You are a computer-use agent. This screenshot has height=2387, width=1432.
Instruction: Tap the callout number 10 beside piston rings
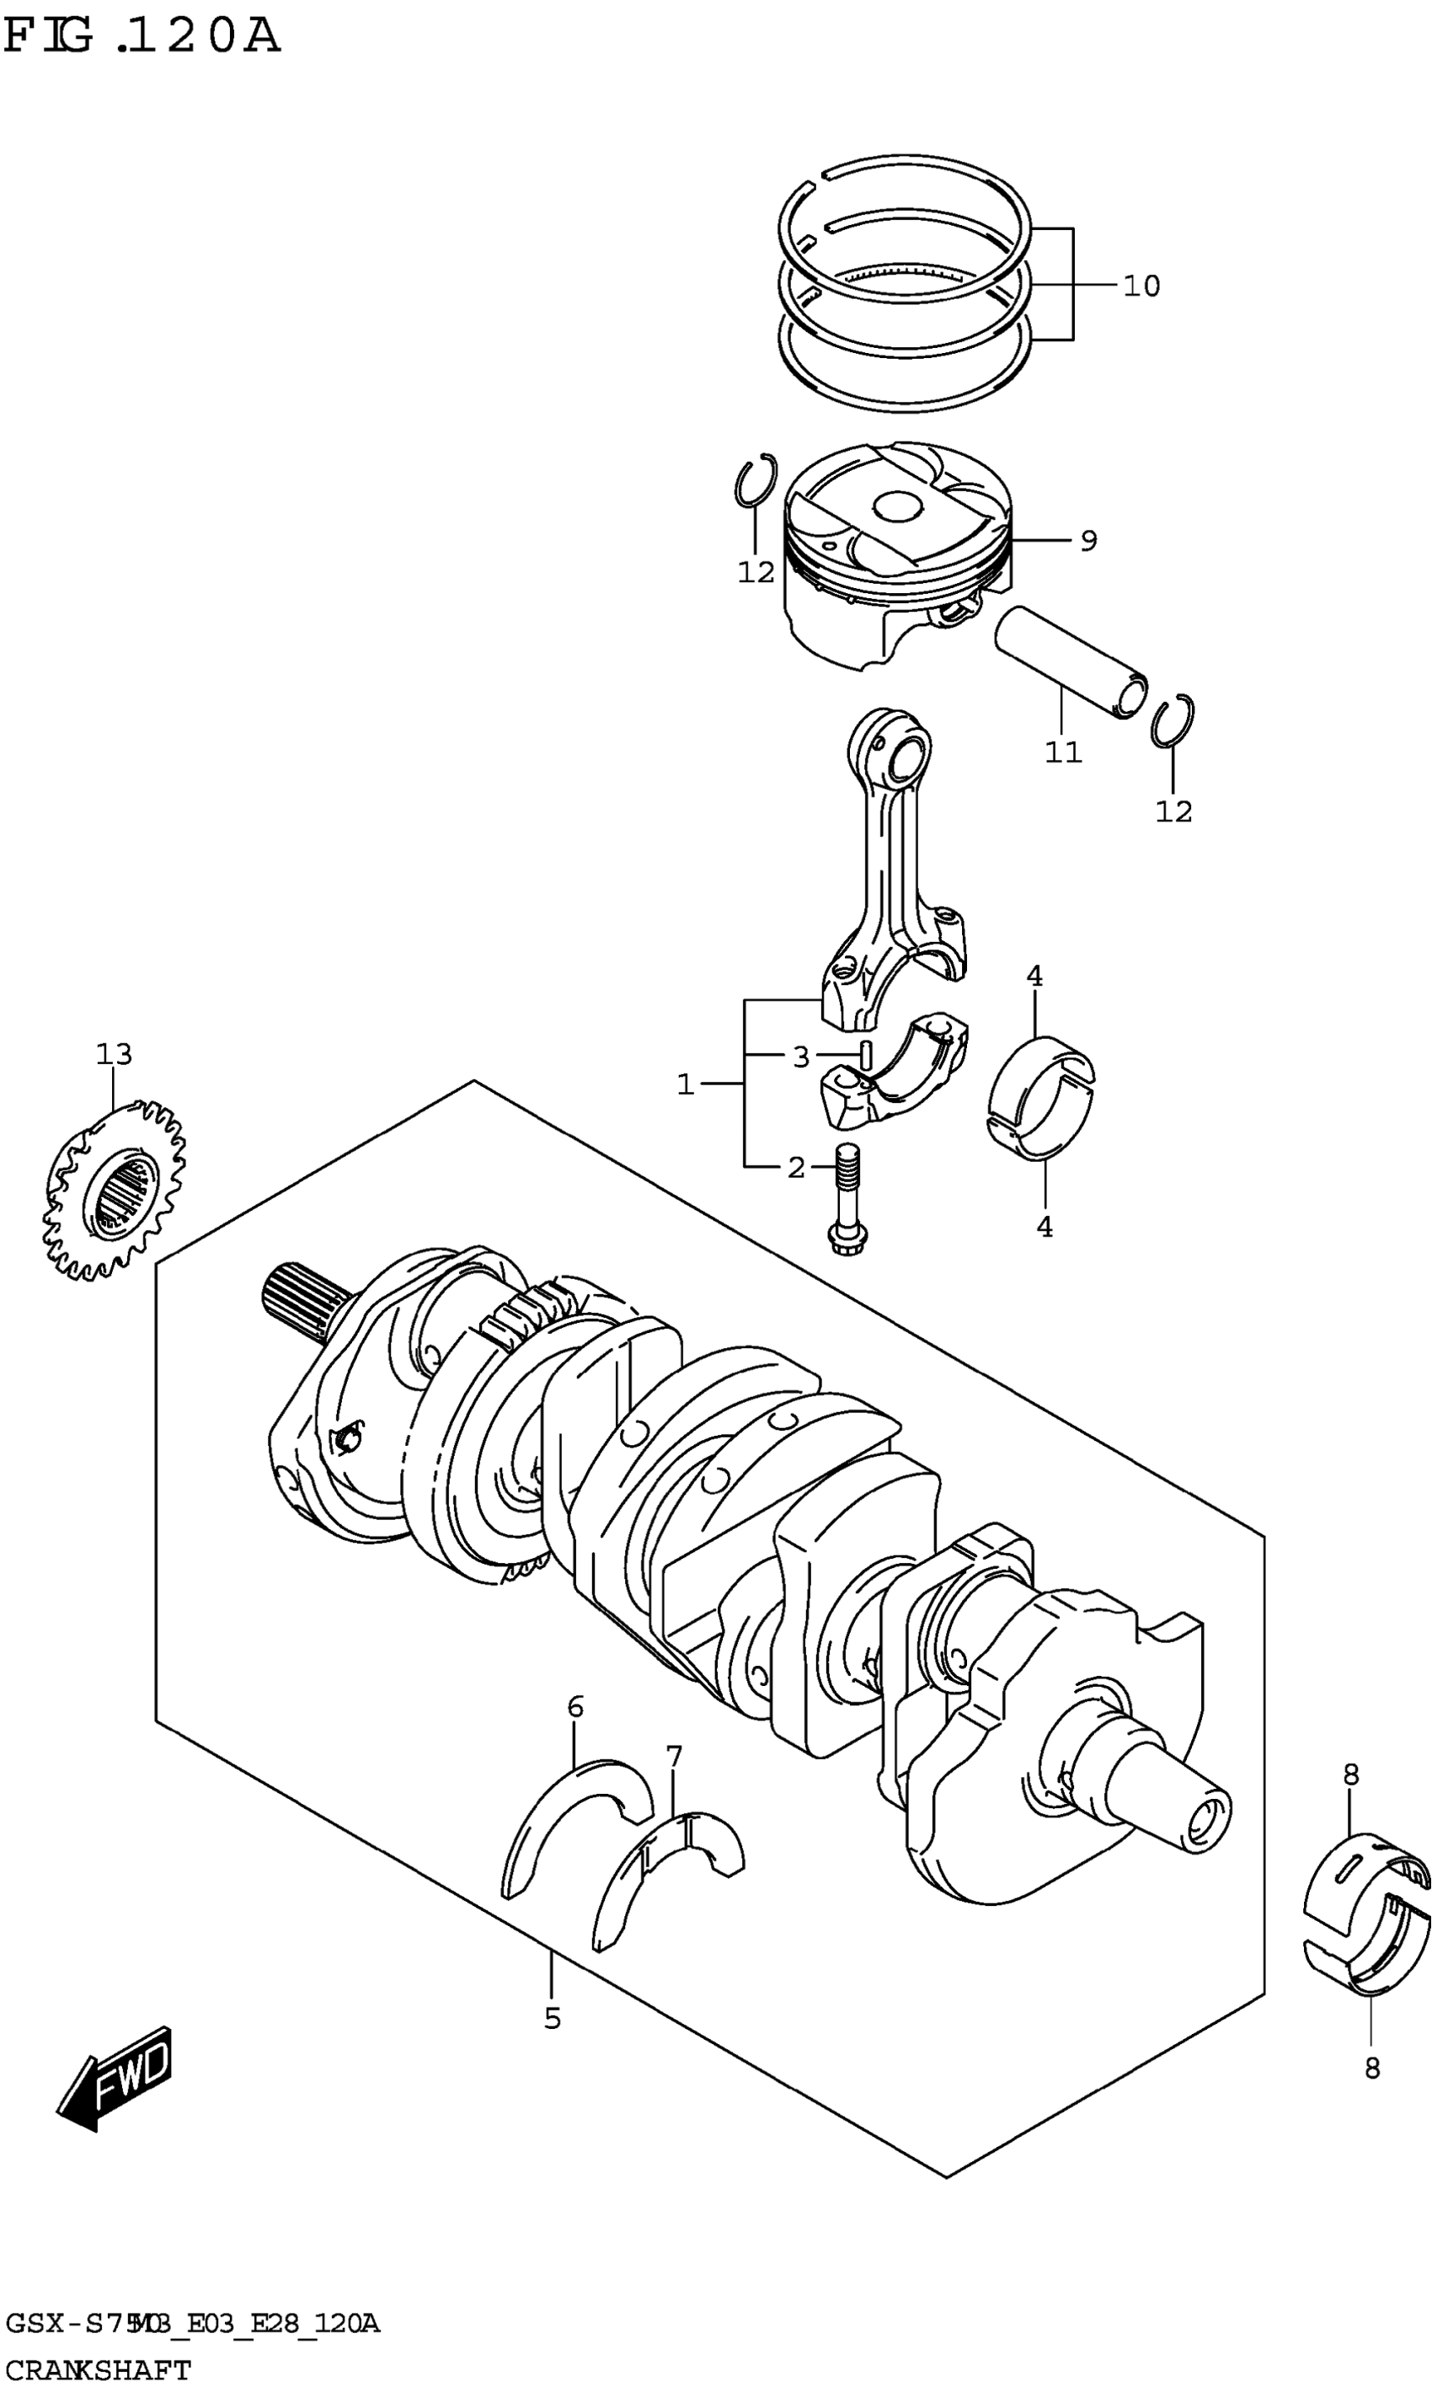click(x=1141, y=286)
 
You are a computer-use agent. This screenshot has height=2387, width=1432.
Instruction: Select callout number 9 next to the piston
click(x=1087, y=542)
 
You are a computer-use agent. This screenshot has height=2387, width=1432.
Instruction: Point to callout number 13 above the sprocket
click(x=114, y=1054)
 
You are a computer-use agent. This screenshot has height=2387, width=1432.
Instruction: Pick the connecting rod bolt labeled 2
click(x=847, y=1197)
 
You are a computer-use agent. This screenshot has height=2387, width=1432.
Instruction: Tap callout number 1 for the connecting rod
click(x=685, y=1085)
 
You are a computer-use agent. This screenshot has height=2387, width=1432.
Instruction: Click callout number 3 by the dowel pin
click(x=800, y=1058)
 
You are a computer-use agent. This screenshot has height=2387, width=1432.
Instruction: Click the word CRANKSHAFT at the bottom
click(x=99, y=2362)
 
